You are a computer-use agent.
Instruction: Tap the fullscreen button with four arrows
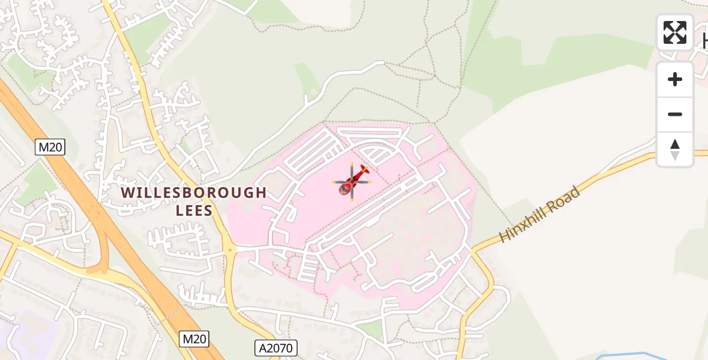tap(675, 32)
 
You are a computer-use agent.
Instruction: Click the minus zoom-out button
tap(675, 114)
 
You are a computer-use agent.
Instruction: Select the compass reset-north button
tap(675, 149)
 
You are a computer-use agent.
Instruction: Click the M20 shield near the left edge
tap(50, 147)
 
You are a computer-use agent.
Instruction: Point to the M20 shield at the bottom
tap(194, 339)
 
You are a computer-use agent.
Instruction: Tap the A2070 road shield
tap(275, 347)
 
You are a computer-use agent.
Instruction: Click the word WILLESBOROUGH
tap(194, 193)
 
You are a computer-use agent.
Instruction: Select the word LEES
tap(194, 211)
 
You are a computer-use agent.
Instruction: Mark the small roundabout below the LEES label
tap(229, 250)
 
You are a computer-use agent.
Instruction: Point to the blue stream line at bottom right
tap(636, 354)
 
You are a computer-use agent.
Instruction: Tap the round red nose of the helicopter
tap(346, 189)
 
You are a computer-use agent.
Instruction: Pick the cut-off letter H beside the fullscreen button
tap(704, 40)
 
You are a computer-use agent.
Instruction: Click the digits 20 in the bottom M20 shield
tap(199, 339)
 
